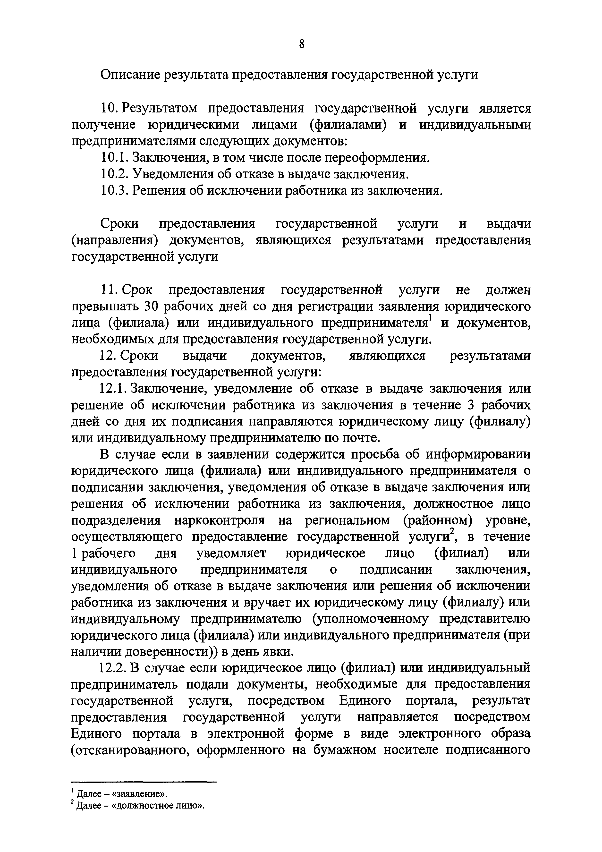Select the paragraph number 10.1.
tap(114, 158)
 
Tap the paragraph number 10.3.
tap(114, 191)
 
